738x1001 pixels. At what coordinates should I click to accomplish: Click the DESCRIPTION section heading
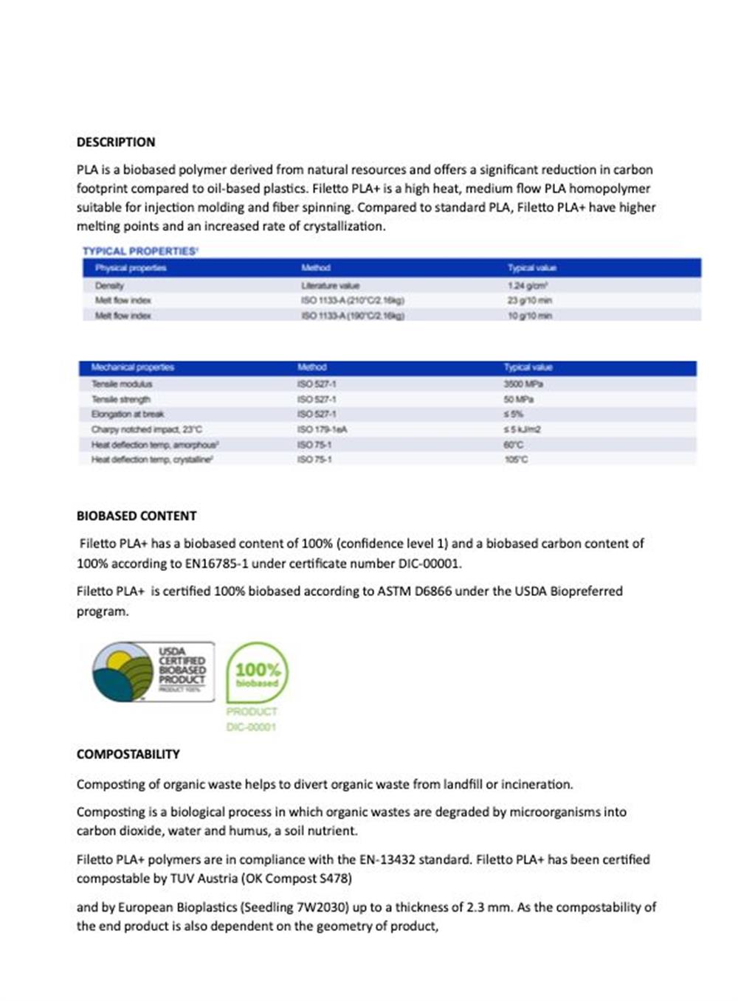(116, 142)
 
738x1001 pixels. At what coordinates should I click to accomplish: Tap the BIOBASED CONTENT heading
(137, 516)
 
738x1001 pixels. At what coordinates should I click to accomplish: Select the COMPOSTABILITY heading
(128, 755)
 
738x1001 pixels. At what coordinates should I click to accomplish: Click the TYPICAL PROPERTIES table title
(140, 252)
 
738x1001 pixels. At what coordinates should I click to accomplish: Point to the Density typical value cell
(527, 285)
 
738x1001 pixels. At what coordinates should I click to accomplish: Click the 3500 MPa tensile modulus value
(523, 384)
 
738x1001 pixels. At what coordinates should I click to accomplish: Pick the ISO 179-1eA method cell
(322, 429)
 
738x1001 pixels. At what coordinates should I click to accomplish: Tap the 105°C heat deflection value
(516, 460)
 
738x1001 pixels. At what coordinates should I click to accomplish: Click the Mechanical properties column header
(132, 367)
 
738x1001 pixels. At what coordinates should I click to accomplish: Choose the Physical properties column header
(131, 269)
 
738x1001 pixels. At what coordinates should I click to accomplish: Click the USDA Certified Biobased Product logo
(154, 671)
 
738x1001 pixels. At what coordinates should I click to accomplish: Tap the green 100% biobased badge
(257, 673)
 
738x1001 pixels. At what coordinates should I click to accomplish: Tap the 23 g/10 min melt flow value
(529, 301)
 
